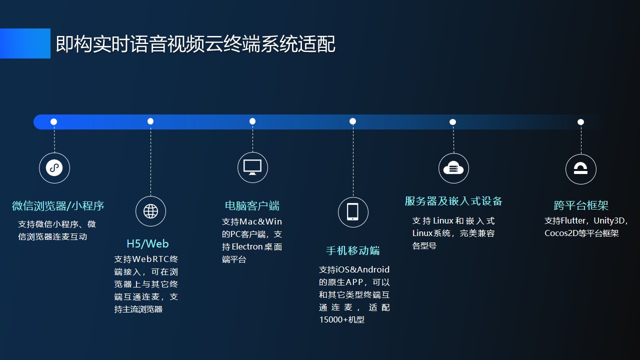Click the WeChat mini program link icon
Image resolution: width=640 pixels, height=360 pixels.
(54, 168)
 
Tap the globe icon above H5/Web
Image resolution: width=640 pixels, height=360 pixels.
(150, 211)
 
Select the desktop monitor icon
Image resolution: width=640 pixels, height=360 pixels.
(252, 167)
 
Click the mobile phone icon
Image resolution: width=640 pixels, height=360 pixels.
(353, 212)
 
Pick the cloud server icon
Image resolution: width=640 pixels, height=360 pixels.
(453, 168)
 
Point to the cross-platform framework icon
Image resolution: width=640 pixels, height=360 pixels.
(580, 169)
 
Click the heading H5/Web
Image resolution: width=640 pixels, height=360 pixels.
(147, 243)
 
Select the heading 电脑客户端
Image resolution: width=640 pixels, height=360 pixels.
(252, 205)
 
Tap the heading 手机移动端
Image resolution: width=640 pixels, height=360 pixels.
(353, 250)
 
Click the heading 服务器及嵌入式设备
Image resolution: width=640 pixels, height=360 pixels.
(453, 201)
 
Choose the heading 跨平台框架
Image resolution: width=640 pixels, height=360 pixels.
(581, 205)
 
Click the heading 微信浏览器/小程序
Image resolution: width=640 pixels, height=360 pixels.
(58, 205)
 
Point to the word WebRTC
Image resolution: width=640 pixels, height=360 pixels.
(151, 259)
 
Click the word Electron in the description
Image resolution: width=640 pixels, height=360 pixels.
(247, 246)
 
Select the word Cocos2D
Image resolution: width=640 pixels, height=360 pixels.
(557, 233)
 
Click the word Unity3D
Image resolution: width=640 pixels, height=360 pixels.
(609, 220)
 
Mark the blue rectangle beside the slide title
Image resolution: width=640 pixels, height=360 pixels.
(25, 43)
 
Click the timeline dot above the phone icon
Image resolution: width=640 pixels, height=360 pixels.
(352, 121)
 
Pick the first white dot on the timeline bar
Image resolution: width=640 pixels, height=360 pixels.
(53, 122)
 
